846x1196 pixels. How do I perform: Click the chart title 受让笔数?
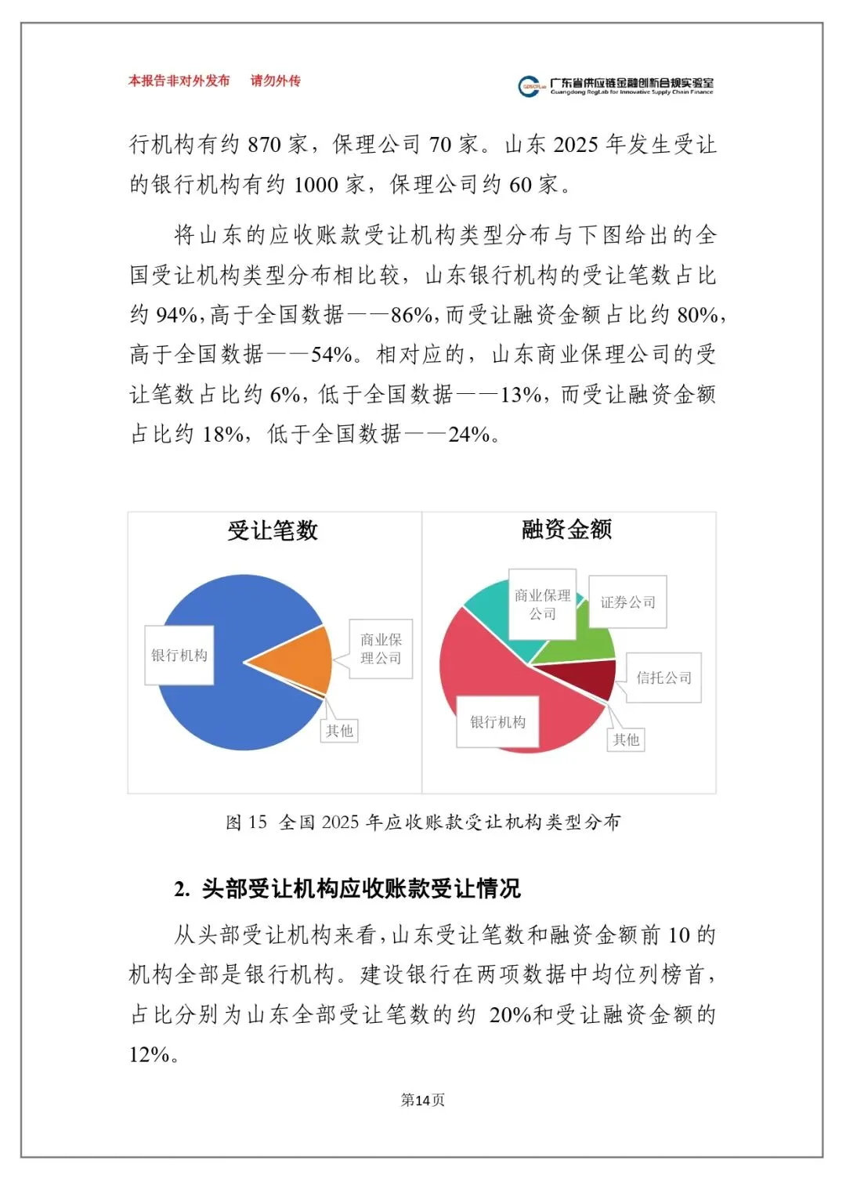click(x=273, y=530)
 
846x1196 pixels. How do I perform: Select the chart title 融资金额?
click(x=566, y=529)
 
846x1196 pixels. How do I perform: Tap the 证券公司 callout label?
click(x=627, y=602)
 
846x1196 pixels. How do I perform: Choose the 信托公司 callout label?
click(x=663, y=677)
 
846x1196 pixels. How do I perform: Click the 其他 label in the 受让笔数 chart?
click(x=339, y=731)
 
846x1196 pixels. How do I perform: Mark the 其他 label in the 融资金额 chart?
click(x=626, y=739)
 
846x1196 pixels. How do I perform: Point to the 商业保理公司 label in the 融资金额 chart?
click(x=542, y=605)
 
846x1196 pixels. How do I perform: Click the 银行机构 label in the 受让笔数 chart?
click(x=179, y=655)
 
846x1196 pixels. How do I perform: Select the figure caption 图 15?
click(x=423, y=822)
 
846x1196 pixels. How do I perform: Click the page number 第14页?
click(x=422, y=1100)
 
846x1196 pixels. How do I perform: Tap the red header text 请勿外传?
click(x=275, y=81)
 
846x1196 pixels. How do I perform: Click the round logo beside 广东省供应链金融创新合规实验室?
click(x=530, y=86)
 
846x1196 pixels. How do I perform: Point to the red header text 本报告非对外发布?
click(x=179, y=81)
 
